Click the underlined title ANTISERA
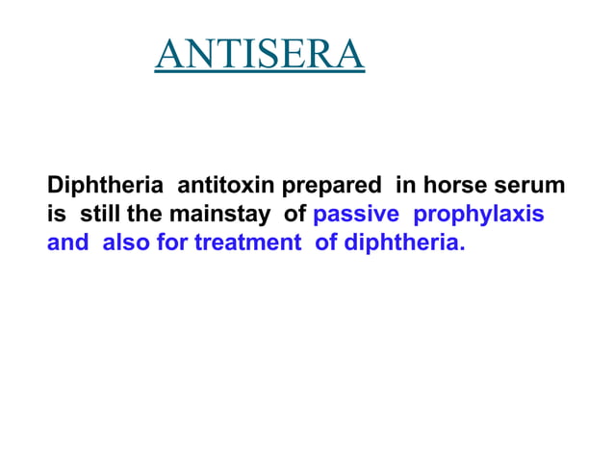[x=260, y=55]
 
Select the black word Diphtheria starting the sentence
[x=106, y=184]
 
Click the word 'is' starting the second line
[x=56, y=213]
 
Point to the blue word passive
[x=356, y=213]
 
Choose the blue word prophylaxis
[x=478, y=214]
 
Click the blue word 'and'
[x=67, y=242]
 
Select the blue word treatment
[x=247, y=242]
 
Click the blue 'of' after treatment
[x=327, y=242]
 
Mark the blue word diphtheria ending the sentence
[x=404, y=242]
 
